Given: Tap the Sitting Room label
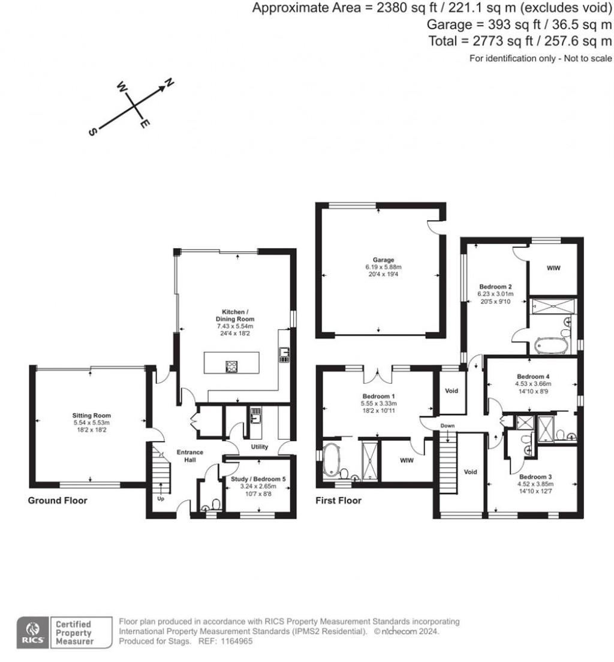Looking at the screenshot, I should (92, 415).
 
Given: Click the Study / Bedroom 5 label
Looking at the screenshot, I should (258, 479).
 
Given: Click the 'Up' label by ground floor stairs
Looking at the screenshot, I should (161, 498).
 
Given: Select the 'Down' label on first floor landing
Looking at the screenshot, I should (447, 426).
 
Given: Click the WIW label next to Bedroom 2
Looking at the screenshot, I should (553, 267).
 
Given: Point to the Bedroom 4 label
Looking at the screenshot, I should (529, 377).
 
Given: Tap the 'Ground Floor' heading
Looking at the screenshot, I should (58, 500).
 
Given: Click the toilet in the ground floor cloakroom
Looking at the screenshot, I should (216, 503).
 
